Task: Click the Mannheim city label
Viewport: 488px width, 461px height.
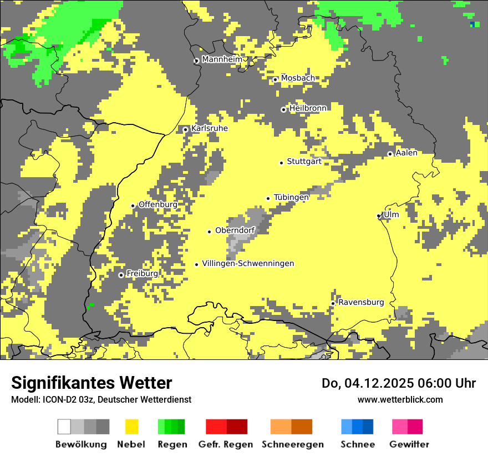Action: [222, 59]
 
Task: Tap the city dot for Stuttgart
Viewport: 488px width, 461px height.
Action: [281, 163]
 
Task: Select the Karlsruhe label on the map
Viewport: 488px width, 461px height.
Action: [209, 128]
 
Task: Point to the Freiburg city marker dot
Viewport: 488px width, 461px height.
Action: [121, 275]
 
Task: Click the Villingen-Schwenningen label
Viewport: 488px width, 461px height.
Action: [248, 263]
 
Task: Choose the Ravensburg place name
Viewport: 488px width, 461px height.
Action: [361, 302]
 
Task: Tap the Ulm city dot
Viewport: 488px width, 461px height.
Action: [379, 216]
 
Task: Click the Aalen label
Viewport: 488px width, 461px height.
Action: [406, 153]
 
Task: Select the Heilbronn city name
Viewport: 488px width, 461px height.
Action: [308, 108]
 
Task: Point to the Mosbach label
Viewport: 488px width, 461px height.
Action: [298, 78]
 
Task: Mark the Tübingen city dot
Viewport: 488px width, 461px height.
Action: [268, 198]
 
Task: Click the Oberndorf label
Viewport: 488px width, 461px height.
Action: [235, 231]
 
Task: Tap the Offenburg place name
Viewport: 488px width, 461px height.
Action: [158, 204]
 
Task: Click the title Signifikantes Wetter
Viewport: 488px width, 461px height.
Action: [91, 383]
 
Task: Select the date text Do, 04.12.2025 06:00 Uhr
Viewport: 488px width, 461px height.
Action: [399, 383]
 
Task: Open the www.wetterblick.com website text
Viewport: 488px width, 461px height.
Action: [400, 399]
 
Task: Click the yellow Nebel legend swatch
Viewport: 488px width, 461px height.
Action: [131, 427]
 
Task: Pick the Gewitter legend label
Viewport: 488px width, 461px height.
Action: [409, 444]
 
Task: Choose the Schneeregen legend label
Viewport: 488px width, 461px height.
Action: [292, 444]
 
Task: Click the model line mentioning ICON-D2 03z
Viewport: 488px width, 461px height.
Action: [101, 399]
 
